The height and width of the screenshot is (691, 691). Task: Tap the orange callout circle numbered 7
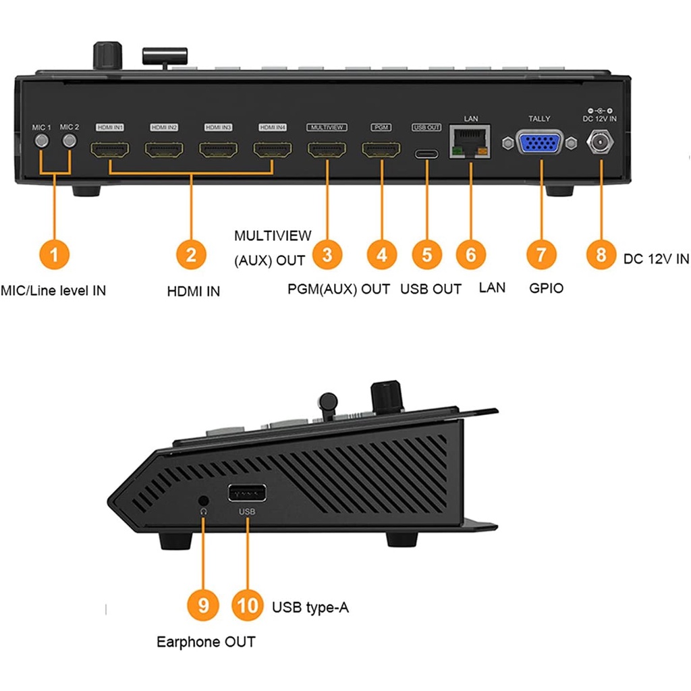541,255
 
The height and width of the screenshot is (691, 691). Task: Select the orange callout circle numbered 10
248,605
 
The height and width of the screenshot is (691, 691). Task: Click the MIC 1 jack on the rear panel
42,142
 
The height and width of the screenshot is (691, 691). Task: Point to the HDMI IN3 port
217,149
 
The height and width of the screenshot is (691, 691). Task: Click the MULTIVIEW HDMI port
327,149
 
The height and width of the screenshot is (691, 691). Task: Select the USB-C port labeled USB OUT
426,153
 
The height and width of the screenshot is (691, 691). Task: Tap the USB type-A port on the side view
246,493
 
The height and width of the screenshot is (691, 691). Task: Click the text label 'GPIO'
546,288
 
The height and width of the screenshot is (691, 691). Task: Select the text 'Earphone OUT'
206,642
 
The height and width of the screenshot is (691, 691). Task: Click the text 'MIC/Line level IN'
53,291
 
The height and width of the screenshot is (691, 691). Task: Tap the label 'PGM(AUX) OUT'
339,289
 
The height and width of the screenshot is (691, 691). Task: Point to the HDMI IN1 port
109,149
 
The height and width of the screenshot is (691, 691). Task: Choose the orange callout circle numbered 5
426,255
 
